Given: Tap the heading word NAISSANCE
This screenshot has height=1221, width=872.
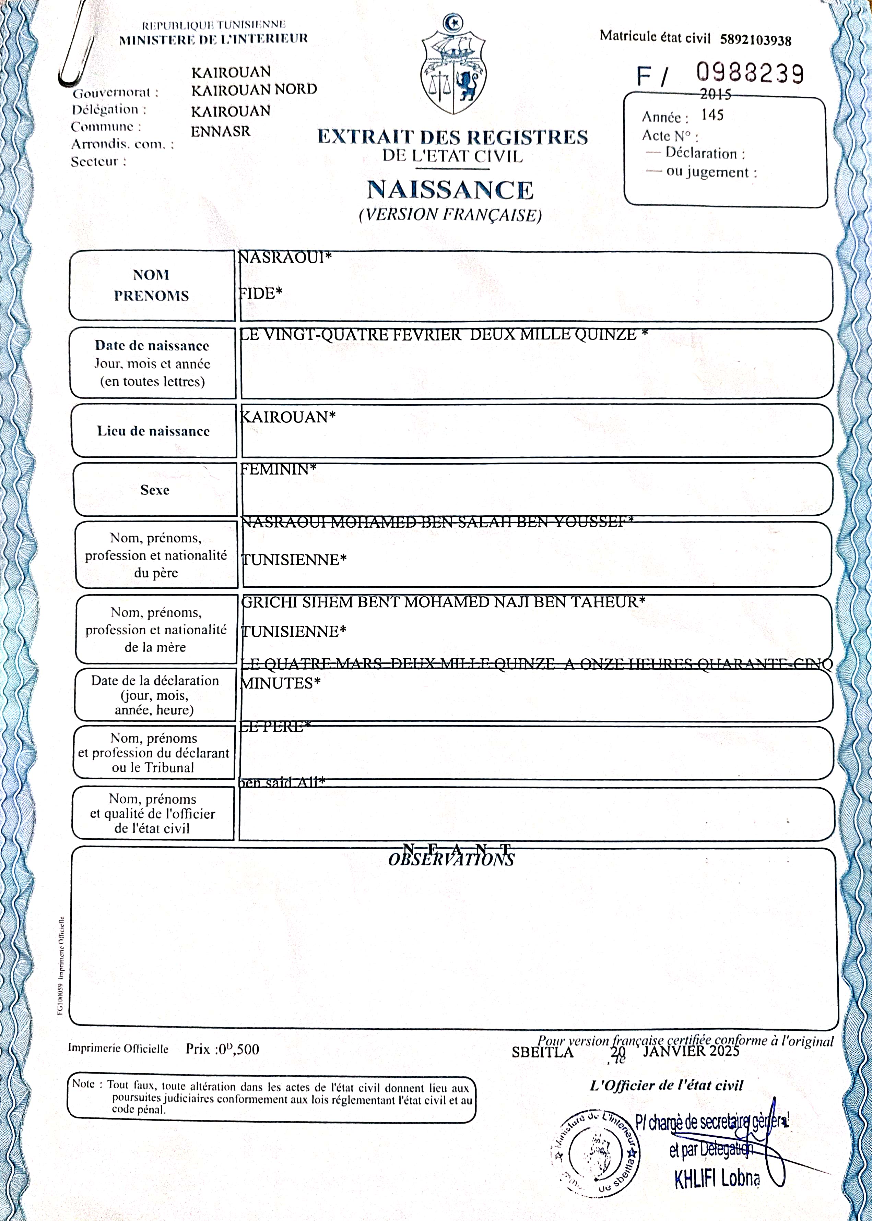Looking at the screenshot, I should click(450, 190).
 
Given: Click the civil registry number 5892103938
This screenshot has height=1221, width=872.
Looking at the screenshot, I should click(755, 40).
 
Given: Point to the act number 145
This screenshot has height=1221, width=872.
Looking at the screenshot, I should click(712, 115).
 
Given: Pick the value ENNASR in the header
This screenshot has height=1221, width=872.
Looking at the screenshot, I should click(221, 131).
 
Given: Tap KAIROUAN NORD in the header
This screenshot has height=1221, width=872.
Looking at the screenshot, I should click(254, 89).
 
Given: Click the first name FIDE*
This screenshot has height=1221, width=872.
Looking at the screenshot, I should click(260, 293).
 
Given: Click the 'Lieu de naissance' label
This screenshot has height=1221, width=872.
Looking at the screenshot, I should click(153, 431).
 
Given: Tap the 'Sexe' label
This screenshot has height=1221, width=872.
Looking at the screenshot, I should click(155, 490).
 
